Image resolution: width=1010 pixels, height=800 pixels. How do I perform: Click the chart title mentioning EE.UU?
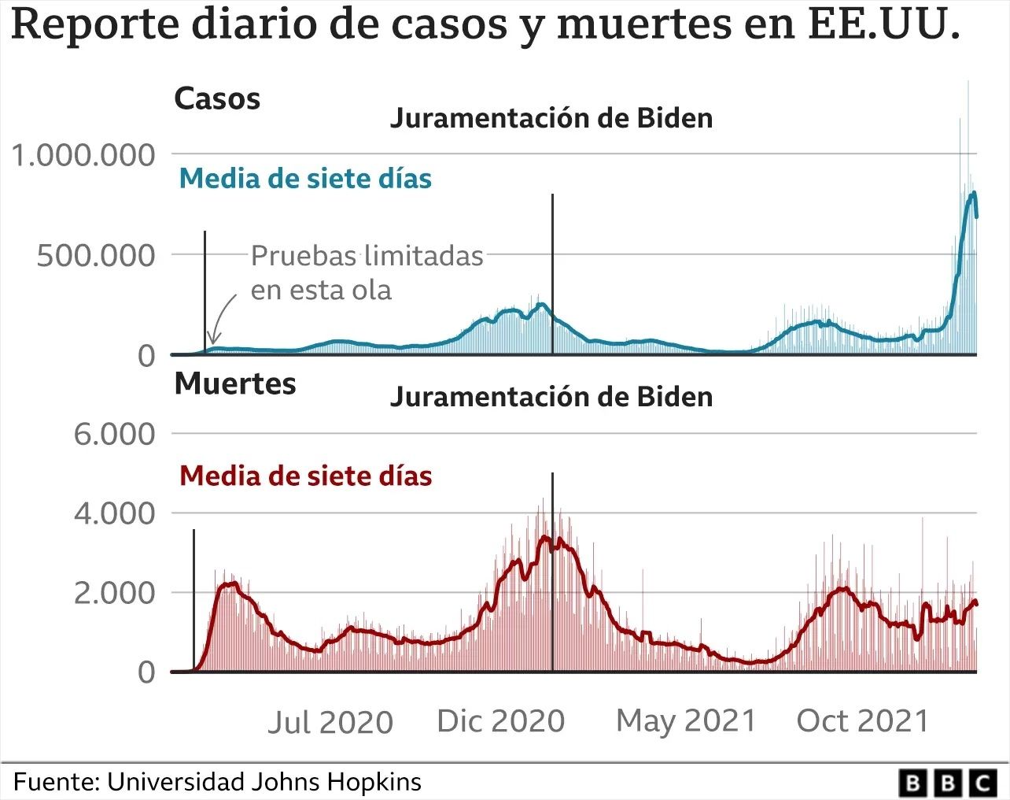tap(485, 25)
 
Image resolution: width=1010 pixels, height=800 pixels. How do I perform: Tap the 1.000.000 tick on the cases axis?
tap(83, 155)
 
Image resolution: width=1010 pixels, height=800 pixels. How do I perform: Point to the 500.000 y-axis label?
tap(96, 256)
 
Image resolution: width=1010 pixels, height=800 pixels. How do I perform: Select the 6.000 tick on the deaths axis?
tap(115, 434)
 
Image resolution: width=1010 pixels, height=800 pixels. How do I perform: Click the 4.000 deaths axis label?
tap(115, 513)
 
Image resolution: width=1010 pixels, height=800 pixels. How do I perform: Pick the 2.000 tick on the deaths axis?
tap(115, 593)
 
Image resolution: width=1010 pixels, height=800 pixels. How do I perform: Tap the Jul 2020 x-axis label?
tap(330, 722)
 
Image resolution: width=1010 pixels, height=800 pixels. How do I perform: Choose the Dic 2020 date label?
tap(501, 720)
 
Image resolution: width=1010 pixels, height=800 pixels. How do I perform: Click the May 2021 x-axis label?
tap(685, 720)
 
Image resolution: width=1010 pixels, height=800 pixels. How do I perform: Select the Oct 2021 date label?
tap(863, 720)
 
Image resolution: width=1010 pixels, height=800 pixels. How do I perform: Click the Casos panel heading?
tap(217, 99)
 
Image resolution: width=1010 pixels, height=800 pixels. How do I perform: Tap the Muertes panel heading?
tap(235, 383)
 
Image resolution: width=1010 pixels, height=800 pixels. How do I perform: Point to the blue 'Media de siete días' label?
tap(305, 179)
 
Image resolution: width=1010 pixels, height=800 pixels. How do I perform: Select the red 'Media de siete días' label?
tap(305, 476)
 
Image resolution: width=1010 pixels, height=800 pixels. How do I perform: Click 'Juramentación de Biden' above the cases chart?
tap(551, 118)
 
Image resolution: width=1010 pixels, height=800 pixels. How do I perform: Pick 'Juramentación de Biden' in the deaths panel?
tap(551, 396)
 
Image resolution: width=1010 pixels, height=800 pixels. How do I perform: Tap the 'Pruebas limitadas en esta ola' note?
tap(367, 272)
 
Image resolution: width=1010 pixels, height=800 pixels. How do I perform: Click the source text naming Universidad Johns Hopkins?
tap(218, 782)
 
